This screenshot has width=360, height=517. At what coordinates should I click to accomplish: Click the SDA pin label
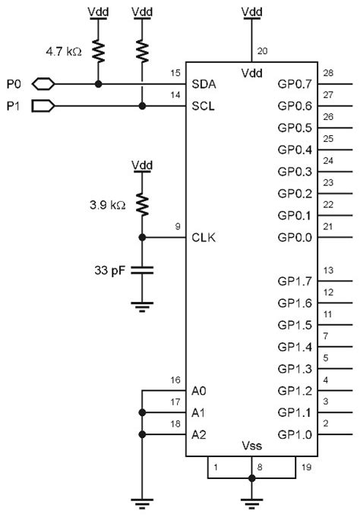(x=204, y=84)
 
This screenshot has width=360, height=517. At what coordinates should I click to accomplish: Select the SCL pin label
(x=203, y=106)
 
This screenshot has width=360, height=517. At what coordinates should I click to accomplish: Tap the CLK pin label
(x=204, y=238)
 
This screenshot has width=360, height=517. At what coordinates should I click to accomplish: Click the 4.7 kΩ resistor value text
(x=64, y=52)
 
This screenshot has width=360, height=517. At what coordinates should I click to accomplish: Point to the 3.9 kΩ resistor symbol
(x=142, y=205)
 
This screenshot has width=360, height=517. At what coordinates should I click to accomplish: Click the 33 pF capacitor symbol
(x=142, y=270)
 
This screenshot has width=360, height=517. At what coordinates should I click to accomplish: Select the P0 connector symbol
(x=43, y=84)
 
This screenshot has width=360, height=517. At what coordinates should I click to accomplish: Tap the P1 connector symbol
(x=43, y=106)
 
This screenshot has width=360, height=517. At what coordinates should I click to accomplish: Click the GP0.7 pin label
(x=295, y=84)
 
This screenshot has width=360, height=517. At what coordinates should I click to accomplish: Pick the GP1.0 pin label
(x=295, y=434)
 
